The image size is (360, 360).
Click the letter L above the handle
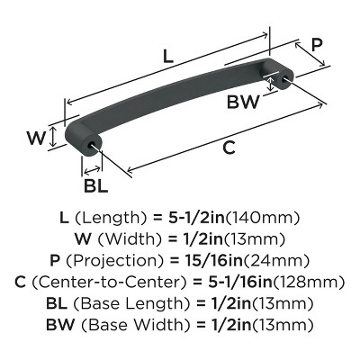click(x=168, y=55)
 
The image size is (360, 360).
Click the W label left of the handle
click(x=35, y=139)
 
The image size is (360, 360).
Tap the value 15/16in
click(x=208, y=260)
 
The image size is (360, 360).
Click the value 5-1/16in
click(x=238, y=281)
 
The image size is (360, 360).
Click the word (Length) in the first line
click(x=113, y=219)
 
